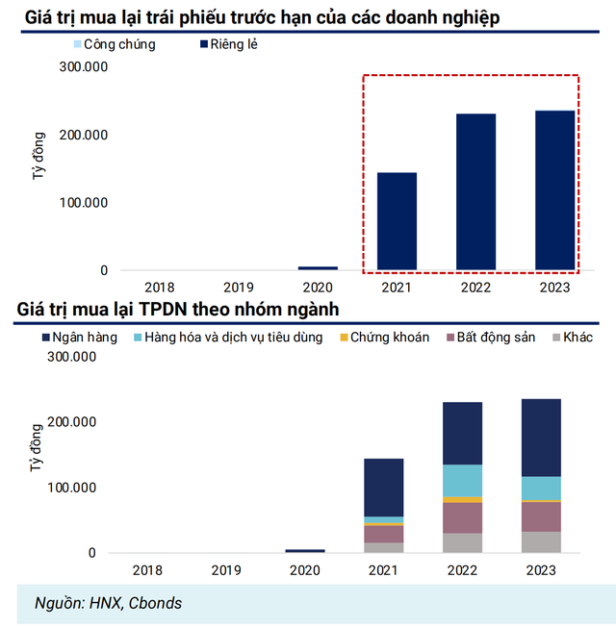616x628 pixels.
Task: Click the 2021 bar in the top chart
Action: click(x=396, y=221)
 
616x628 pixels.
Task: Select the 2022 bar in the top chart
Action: click(x=475, y=191)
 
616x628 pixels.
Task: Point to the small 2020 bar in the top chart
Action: click(x=317, y=267)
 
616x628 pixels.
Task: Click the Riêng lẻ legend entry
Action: click(x=228, y=44)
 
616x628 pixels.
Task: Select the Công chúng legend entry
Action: click(x=112, y=44)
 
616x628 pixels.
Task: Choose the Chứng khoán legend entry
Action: click(x=383, y=338)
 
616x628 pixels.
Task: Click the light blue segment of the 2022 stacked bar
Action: click(x=462, y=480)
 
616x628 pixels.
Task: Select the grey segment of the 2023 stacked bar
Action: click(x=541, y=542)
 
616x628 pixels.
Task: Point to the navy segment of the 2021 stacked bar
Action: click(x=383, y=488)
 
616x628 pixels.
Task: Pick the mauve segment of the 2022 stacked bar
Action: click(x=462, y=517)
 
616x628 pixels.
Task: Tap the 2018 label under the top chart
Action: click(x=159, y=287)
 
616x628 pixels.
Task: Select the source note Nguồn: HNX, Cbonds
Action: click(x=108, y=603)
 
